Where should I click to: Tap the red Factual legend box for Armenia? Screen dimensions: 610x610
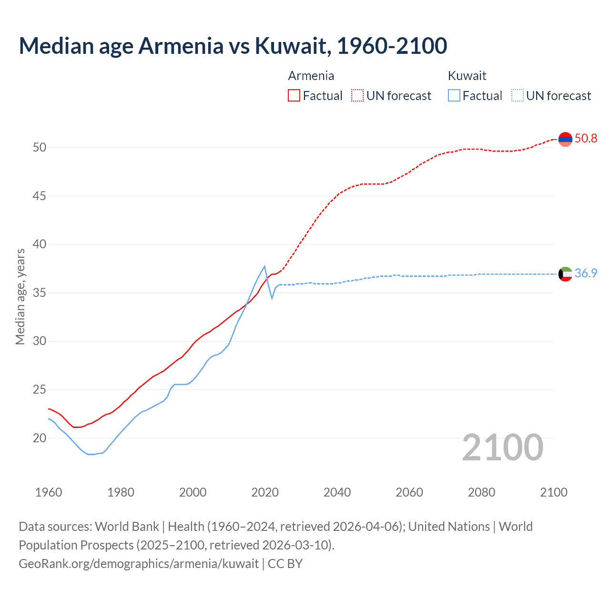[x=294, y=96]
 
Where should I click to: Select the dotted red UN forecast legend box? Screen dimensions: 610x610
[x=357, y=96]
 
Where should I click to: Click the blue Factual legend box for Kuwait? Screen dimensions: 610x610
[x=454, y=96]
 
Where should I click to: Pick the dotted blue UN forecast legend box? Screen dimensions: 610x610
[x=517, y=96]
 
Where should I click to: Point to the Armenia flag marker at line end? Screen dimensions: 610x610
[x=565, y=139]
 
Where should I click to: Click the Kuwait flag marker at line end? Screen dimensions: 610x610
[x=565, y=274]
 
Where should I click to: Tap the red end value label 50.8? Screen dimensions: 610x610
[x=586, y=139]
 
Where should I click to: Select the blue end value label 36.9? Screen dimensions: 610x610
[x=586, y=274]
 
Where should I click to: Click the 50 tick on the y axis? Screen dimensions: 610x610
[x=40, y=148]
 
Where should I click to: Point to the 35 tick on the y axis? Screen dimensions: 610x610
[x=40, y=293]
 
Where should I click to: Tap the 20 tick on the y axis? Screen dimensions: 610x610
[x=40, y=438]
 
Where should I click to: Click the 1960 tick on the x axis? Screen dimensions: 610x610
[x=49, y=492]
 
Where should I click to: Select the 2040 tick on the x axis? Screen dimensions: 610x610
[x=337, y=492]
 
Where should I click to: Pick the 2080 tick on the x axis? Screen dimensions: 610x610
[x=481, y=492]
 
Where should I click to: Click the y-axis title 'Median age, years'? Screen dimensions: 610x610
[x=20, y=296]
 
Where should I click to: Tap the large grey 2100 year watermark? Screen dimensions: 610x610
[x=502, y=447]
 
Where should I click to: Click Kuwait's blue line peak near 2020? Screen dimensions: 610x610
[x=264, y=266]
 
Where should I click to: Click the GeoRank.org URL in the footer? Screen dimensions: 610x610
[x=139, y=564]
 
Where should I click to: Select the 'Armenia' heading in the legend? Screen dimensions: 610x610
[x=311, y=76]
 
